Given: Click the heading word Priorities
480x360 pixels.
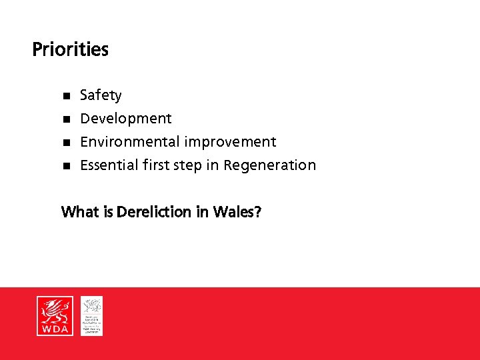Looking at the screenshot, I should (70, 50).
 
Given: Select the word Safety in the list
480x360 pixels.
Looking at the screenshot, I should (101, 95).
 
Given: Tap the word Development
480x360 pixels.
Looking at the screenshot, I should (125, 119).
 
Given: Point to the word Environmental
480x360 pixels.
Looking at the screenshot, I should (130, 142).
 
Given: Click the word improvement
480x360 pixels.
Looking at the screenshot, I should (230, 142).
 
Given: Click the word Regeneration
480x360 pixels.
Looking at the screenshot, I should (269, 165).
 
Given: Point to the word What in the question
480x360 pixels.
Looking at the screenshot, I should (80, 212).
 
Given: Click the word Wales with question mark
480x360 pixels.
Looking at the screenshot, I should (237, 212).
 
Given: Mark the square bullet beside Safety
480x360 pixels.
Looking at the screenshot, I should (66, 96).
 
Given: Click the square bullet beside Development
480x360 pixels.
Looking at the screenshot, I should (66, 119).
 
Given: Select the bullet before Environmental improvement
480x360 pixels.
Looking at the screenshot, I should (66, 143).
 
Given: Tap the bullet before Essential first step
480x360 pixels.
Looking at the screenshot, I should (66, 165).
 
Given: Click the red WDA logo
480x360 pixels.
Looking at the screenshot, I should (55, 316).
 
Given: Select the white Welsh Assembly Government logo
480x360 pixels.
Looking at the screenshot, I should (91, 315).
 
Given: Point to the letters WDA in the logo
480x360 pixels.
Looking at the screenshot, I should (55, 329).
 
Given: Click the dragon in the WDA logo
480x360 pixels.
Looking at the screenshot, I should (55, 310).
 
